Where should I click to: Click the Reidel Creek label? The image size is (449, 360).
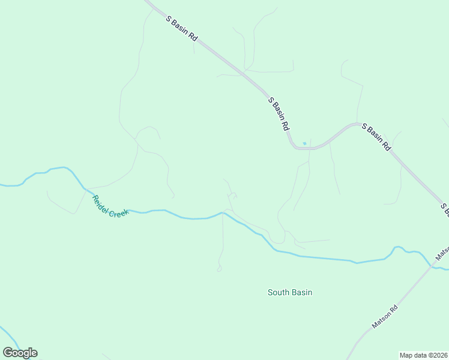(110, 206)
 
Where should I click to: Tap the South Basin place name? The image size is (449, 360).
(290, 292)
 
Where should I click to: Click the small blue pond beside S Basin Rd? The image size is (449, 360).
(304, 143)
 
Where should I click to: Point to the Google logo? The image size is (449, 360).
(20, 353)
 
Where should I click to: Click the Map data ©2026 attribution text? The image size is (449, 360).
(424, 355)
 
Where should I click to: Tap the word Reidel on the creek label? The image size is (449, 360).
(100, 200)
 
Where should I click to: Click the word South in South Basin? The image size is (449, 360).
(279, 292)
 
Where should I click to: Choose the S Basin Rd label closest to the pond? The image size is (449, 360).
(279, 114)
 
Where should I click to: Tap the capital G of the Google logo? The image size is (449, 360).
(8, 353)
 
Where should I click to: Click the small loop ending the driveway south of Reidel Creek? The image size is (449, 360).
(219, 269)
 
